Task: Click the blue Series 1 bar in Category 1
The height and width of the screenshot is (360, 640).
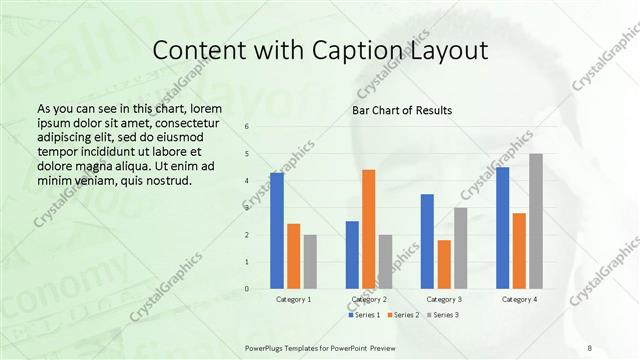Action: coord(277,231)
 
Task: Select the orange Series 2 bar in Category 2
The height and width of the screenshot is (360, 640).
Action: coord(368,229)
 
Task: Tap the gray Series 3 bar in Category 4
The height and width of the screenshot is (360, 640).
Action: coord(536,221)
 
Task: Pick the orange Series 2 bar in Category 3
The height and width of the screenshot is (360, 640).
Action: coord(444,264)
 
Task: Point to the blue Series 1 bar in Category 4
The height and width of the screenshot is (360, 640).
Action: coord(503,228)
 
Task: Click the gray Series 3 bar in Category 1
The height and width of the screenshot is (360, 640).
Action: coord(310,262)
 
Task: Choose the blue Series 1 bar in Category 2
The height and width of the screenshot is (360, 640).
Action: coord(352,255)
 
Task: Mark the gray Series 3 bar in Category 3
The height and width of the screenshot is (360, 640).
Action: coord(460,248)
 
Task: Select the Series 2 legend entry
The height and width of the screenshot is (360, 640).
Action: coord(403,315)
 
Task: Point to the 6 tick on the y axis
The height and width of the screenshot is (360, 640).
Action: coord(248,127)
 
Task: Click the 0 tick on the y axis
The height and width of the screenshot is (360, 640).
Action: coord(248,289)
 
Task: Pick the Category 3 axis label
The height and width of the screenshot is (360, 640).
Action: coord(443,299)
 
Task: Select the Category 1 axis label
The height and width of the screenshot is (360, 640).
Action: coord(293,299)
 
